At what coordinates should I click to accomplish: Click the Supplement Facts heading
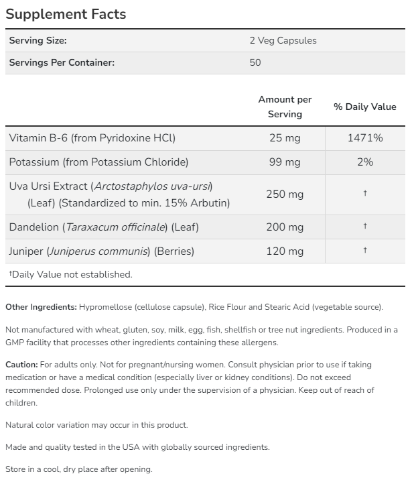[65, 13]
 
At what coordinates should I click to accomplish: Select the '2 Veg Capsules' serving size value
[283, 40]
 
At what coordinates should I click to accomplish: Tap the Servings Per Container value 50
[255, 62]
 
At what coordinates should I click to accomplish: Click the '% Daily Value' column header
[365, 107]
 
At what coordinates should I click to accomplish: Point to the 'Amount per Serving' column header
[285, 107]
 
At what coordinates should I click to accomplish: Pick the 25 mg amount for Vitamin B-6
[285, 138]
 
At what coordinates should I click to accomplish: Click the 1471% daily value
[365, 138]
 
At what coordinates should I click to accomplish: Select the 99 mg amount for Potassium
[285, 162]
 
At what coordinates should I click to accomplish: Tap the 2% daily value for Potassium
[365, 162]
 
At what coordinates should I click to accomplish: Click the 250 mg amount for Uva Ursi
[285, 194]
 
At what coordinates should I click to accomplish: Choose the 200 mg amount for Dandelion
[285, 227]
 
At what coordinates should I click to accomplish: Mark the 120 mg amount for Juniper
[285, 251]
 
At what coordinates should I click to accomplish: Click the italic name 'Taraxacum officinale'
[116, 227]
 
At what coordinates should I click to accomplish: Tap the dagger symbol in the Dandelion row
[365, 226]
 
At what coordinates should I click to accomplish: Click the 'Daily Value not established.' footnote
[72, 274]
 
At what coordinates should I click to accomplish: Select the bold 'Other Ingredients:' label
[41, 307]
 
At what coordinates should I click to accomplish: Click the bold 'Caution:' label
[21, 365]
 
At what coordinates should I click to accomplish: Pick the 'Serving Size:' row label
[38, 40]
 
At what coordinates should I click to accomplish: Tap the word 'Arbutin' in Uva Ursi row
[210, 202]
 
